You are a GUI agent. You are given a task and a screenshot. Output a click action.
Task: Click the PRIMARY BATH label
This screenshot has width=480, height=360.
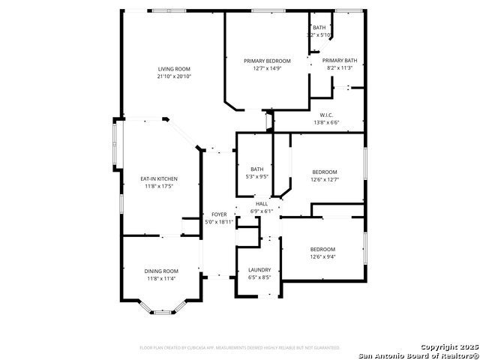[x=340, y=61]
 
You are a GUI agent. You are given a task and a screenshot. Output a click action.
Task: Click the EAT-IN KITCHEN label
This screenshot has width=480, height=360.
[x=159, y=178]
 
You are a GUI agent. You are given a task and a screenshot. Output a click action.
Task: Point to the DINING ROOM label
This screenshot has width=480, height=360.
[x=161, y=271]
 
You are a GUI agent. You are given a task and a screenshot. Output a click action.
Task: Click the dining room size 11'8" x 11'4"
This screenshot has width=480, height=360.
[x=161, y=278]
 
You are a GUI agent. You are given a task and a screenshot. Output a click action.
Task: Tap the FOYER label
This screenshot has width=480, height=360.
[x=219, y=214]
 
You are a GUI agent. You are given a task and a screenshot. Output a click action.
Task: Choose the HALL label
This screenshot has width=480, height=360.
[x=262, y=204]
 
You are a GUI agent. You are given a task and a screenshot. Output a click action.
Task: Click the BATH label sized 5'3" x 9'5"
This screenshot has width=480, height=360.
[x=257, y=169]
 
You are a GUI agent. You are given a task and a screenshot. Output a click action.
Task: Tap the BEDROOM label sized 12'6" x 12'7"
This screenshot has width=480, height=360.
[x=325, y=172]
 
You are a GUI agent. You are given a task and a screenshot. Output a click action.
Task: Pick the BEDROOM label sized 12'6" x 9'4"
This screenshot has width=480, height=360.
[x=322, y=249]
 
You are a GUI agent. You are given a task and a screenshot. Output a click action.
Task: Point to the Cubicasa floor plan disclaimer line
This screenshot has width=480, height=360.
[x=239, y=347]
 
